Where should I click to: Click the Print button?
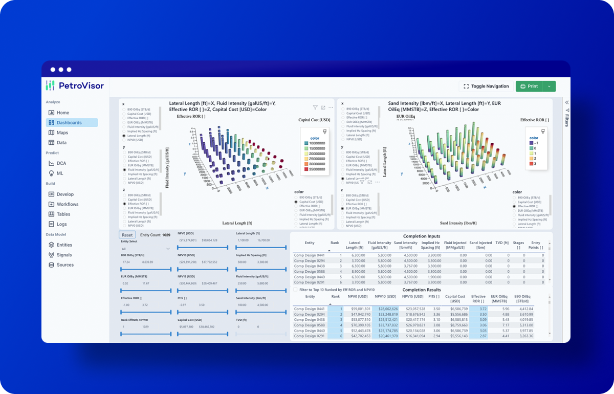pyautogui.click(x=529, y=86)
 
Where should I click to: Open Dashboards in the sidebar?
pyautogui.click(x=69, y=123)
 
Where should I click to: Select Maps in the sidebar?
pyautogui.click(x=62, y=133)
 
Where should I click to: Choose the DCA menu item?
pyautogui.click(x=61, y=163)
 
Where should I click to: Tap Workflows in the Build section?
pyautogui.click(x=68, y=204)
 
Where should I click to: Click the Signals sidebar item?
pyautogui.click(x=64, y=255)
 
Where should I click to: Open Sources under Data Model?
pyautogui.click(x=65, y=265)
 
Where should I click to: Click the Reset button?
pyautogui.click(x=127, y=235)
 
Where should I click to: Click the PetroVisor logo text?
pyautogui.click(x=81, y=85)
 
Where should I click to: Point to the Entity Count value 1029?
pyautogui.click(x=166, y=235)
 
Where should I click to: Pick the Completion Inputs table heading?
pyautogui.click(x=421, y=236)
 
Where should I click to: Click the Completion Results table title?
pyautogui.click(x=422, y=290)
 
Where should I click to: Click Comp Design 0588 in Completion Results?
pyautogui.click(x=310, y=325)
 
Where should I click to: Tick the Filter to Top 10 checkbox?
pyautogui.click(x=295, y=290)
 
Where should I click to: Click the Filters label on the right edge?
pyautogui.click(x=566, y=120)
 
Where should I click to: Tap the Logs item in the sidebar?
pyautogui.click(x=61, y=224)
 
